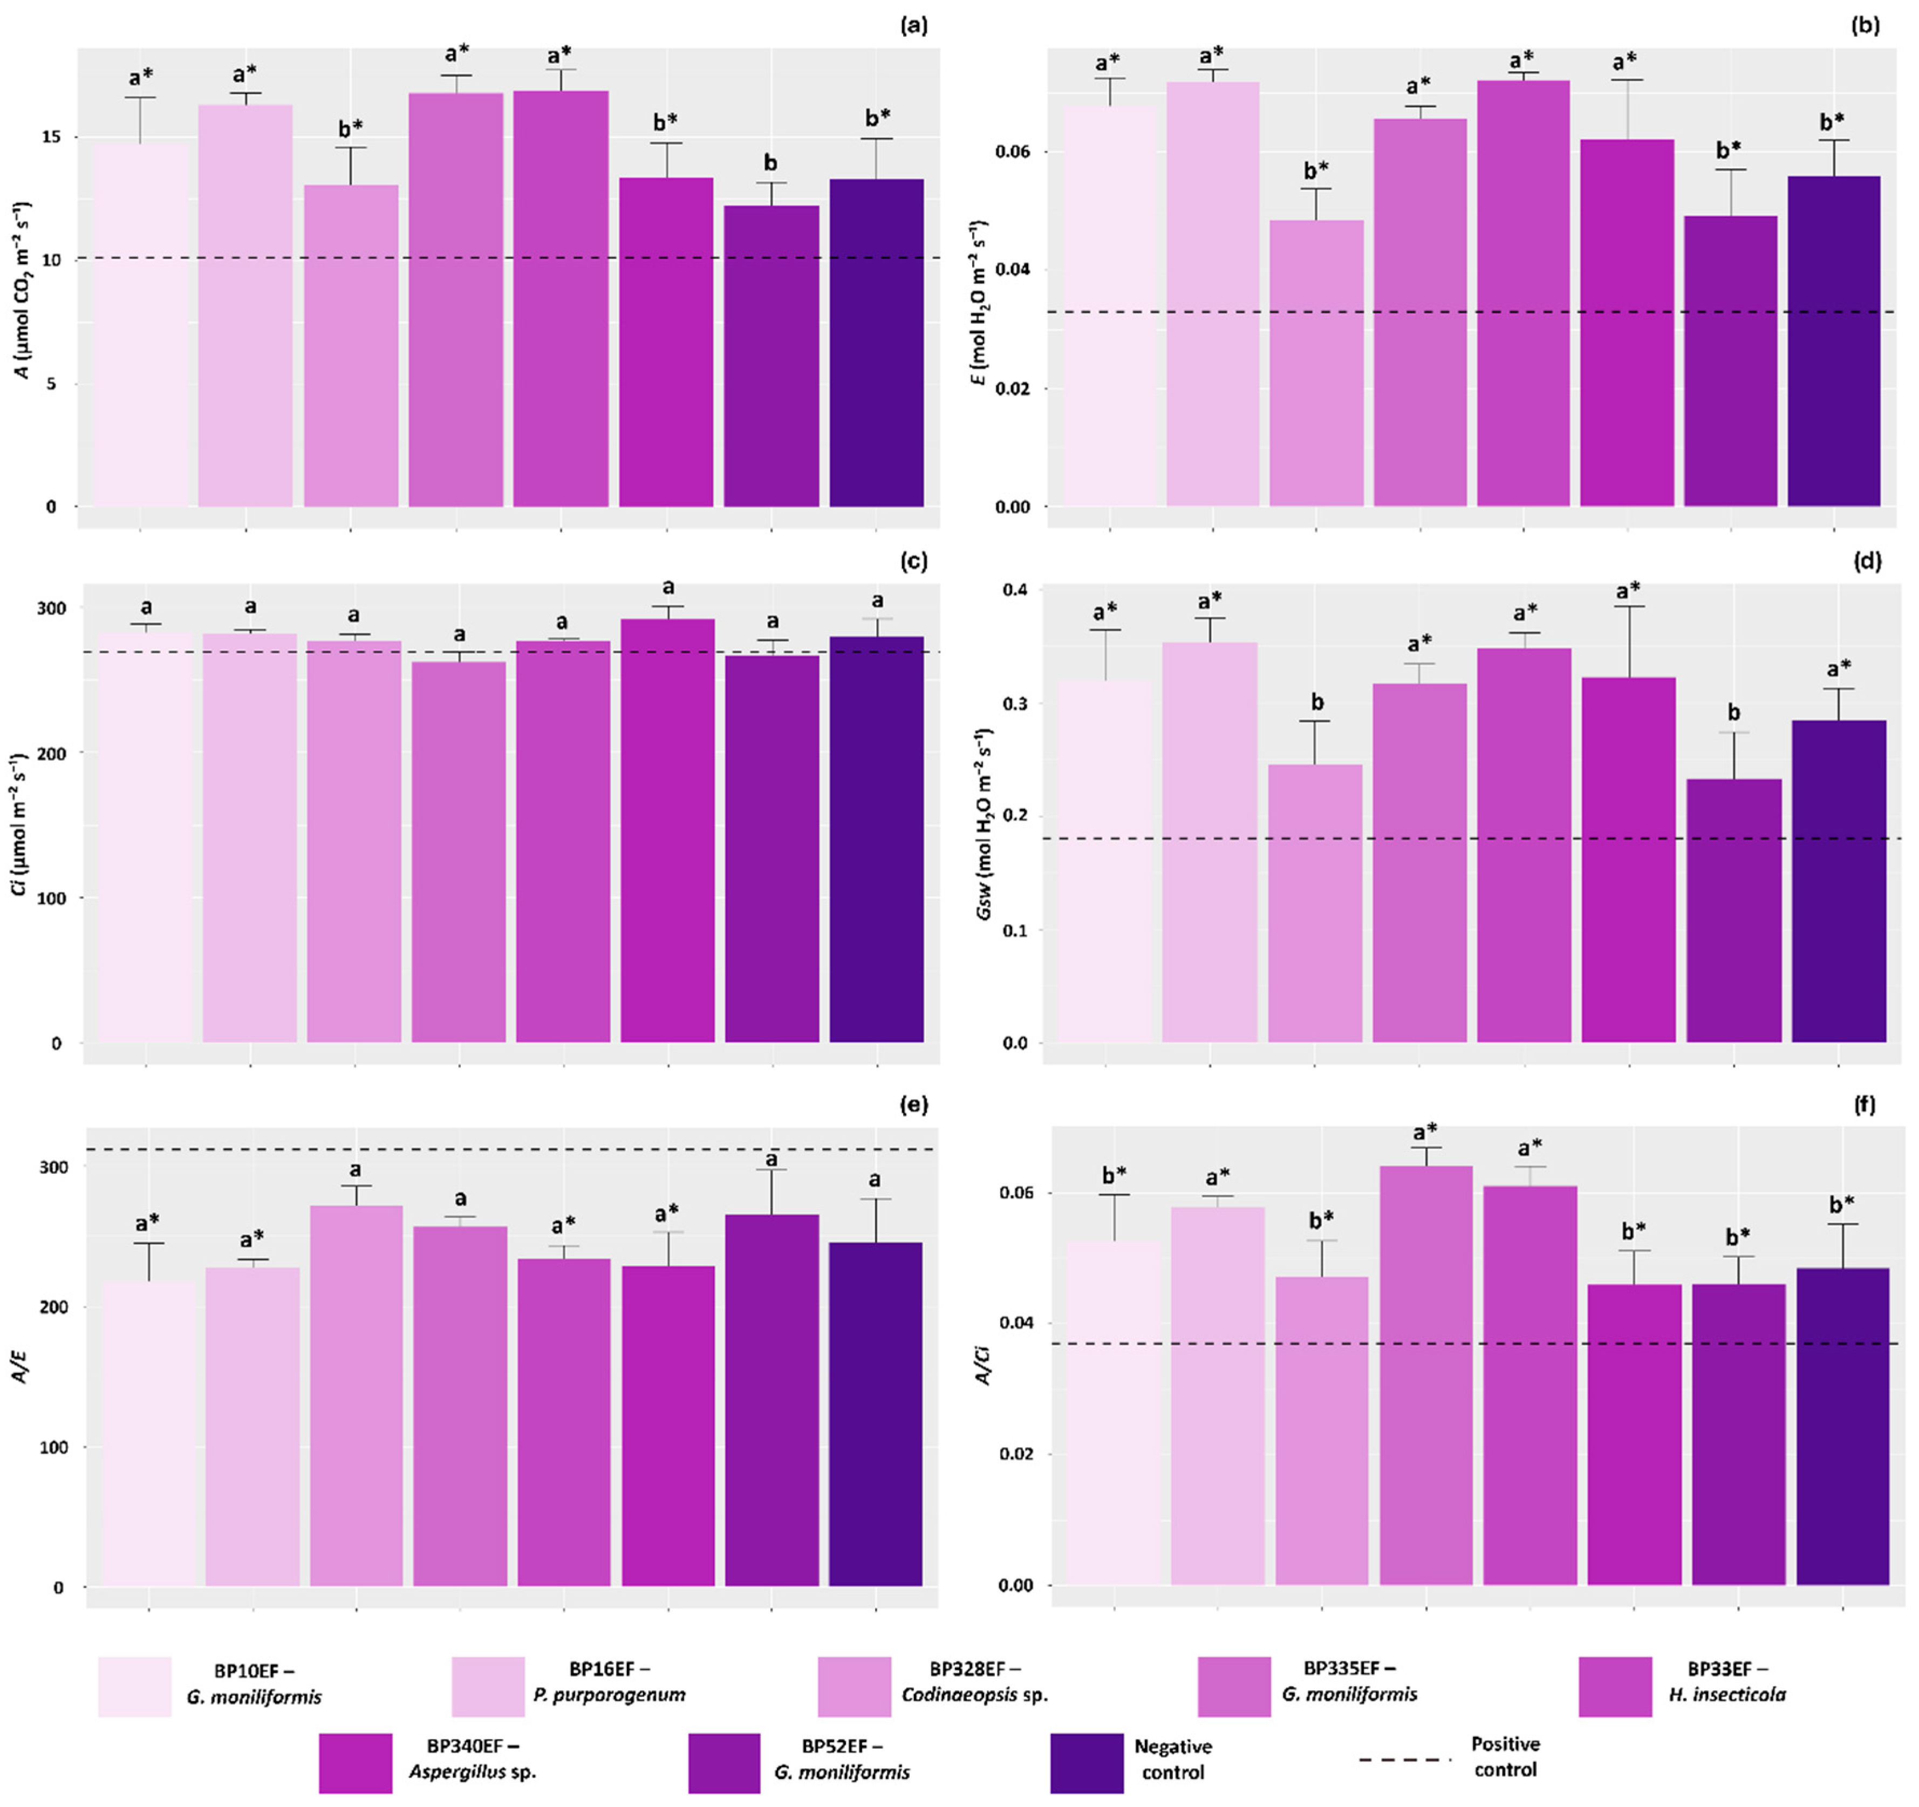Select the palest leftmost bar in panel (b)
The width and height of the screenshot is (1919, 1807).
(x=1110, y=306)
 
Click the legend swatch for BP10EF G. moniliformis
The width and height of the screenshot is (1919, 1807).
(x=135, y=1686)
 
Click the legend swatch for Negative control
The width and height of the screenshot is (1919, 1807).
(x=1087, y=1763)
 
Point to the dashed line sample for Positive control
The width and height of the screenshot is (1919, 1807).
(x=1404, y=1760)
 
